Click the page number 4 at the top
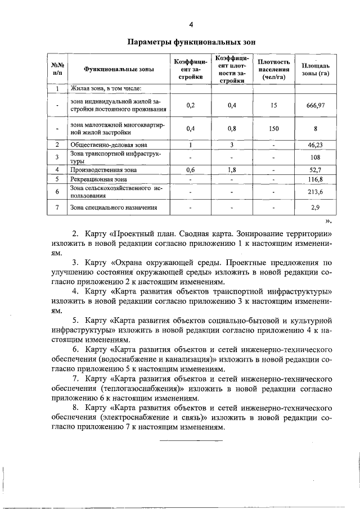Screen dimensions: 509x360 point(191,24)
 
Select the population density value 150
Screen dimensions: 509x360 point(273,128)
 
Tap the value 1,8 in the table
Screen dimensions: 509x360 point(231,169)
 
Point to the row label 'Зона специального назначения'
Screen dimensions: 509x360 point(113,208)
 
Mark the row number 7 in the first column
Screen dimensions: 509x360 point(57,208)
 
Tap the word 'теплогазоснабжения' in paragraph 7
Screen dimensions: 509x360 point(139,389)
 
